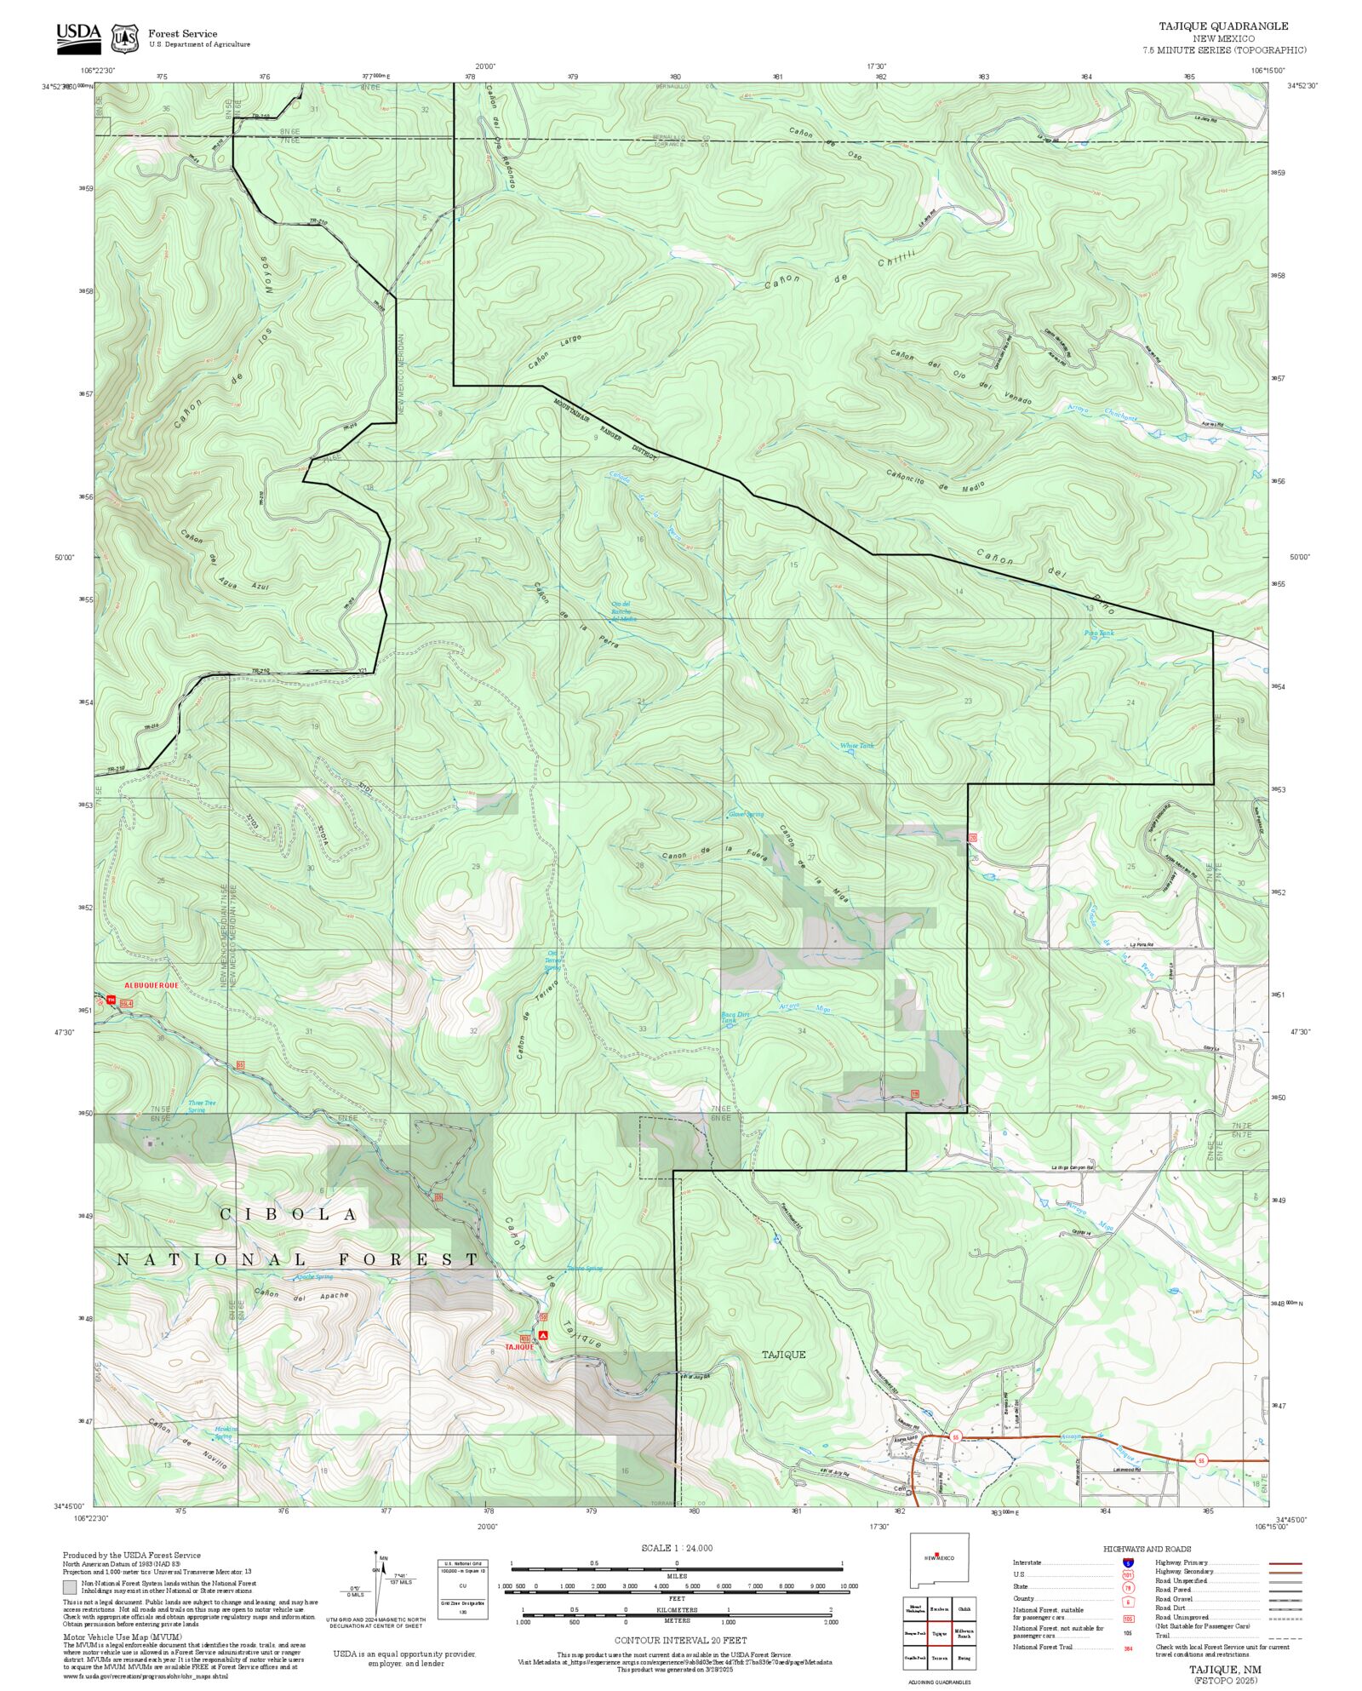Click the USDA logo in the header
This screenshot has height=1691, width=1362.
(78, 37)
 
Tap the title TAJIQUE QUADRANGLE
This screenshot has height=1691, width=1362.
(1222, 26)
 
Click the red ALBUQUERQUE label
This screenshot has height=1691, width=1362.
(152, 985)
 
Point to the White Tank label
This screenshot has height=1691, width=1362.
(856, 746)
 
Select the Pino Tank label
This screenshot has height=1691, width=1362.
(1098, 633)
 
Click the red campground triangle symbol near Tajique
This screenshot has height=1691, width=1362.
(543, 1336)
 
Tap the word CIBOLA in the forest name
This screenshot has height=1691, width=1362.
(289, 1214)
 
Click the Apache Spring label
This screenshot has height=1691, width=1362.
(313, 1277)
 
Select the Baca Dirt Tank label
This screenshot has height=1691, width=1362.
(735, 1017)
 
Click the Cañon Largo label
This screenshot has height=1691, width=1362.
(554, 352)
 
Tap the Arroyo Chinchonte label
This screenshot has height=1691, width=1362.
(1102, 413)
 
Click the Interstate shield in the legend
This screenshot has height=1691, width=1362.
(1128, 1563)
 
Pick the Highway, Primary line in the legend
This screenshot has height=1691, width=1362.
(1285, 1563)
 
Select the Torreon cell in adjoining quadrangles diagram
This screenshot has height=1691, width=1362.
(939, 1658)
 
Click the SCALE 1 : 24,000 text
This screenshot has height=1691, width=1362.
(677, 1548)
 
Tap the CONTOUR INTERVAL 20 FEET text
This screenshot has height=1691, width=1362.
(680, 1640)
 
